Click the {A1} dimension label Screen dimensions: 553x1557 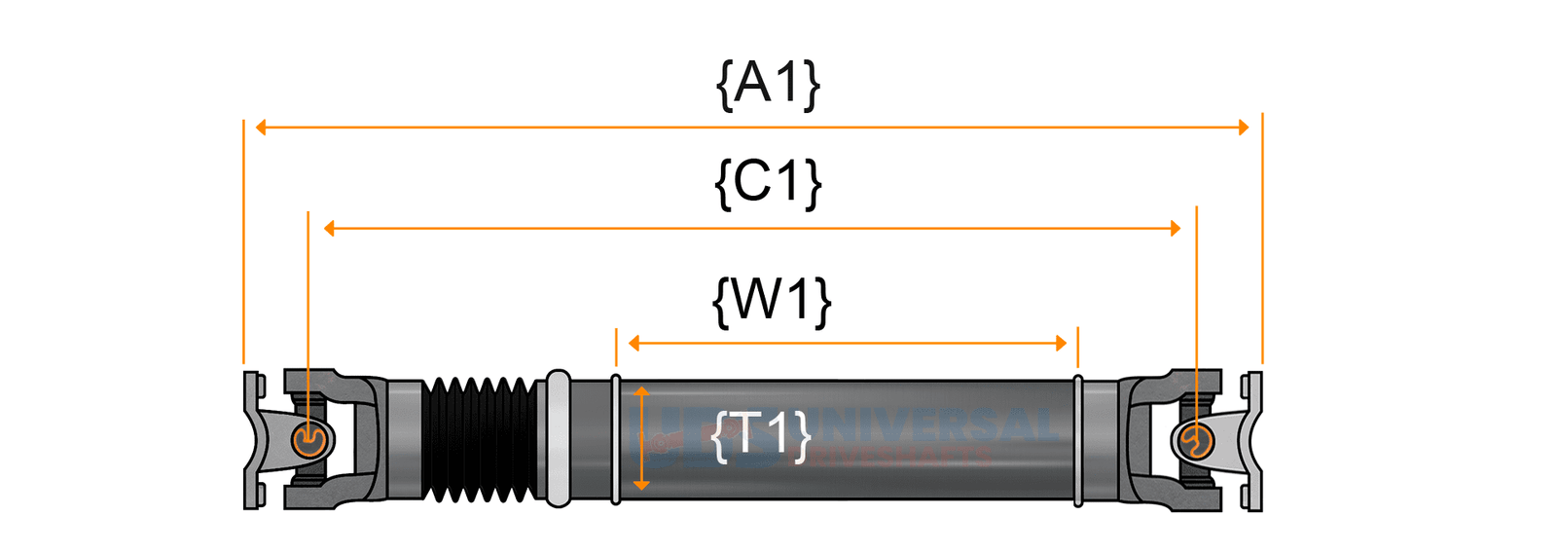click(768, 84)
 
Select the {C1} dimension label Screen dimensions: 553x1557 click(768, 182)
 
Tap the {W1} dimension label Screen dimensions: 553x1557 click(772, 301)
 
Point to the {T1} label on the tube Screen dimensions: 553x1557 click(761, 435)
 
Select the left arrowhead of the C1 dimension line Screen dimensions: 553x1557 click(330, 229)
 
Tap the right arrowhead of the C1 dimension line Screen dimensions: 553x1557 click(1176, 229)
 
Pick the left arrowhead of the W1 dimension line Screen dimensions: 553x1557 click(634, 343)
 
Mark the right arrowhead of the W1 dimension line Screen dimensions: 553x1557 click(1061, 343)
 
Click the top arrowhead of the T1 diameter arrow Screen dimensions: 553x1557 click(641, 391)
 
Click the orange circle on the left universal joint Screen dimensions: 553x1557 click(308, 441)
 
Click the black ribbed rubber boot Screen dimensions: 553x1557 click(481, 440)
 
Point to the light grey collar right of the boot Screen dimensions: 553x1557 click(558, 438)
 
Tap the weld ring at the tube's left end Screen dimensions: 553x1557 click(616, 440)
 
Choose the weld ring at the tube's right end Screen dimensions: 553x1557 click(1078, 440)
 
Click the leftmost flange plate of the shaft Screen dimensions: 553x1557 click(252, 440)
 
